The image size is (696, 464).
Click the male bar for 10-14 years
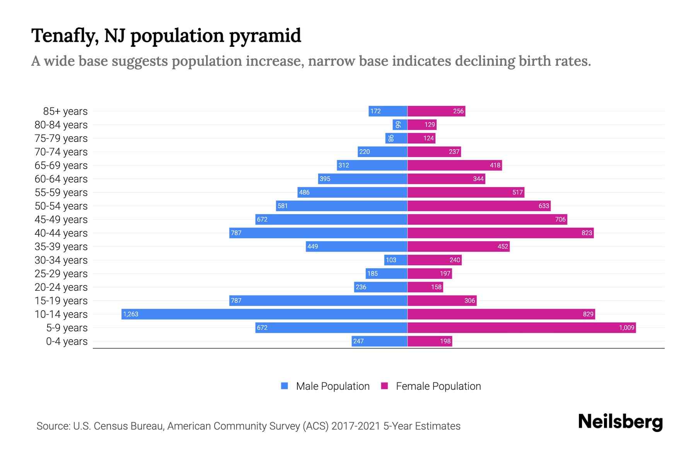click(x=264, y=314)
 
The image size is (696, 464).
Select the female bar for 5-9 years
click(x=522, y=328)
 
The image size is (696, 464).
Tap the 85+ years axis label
click(x=65, y=111)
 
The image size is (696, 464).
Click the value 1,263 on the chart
click(x=131, y=314)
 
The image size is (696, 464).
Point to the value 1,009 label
click(x=626, y=328)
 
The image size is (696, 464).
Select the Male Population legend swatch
click(x=285, y=386)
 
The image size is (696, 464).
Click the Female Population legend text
click(x=438, y=386)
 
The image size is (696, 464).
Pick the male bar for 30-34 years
click(x=396, y=260)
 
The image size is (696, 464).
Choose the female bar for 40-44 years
click(x=500, y=233)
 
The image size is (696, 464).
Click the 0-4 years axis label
click(x=67, y=341)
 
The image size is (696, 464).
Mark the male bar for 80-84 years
click(x=400, y=125)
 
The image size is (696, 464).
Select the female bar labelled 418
click(x=455, y=165)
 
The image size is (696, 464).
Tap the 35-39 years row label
click(x=61, y=247)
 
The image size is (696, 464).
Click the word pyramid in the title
click(x=265, y=36)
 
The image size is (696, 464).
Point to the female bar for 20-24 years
click(x=425, y=287)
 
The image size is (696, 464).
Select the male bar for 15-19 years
click(x=318, y=300)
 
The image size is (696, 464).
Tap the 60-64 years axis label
click(x=61, y=179)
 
